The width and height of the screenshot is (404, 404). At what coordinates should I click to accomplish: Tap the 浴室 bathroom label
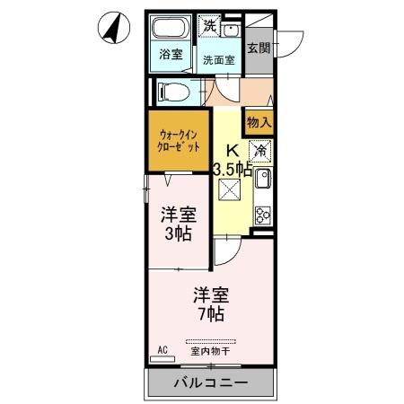point(170,54)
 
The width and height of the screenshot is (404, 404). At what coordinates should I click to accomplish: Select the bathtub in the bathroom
point(171,29)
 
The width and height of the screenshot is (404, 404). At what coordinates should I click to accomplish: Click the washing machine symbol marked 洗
point(209,26)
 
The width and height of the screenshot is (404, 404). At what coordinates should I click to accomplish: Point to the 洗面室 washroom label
point(218,61)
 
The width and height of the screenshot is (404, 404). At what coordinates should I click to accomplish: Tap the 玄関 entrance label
point(259,48)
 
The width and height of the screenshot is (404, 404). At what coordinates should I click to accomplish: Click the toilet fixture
point(175,90)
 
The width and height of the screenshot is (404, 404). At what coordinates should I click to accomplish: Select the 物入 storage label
point(259,120)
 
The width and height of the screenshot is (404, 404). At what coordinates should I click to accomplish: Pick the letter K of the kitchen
point(232,150)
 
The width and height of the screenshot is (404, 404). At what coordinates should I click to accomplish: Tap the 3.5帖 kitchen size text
point(232,167)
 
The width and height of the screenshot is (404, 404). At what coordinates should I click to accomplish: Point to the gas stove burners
point(264,214)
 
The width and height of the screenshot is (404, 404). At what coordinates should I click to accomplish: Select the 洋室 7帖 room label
point(211,303)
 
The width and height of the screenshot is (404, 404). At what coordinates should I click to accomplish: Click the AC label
point(162,348)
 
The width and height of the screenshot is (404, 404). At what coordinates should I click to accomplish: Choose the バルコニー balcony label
point(210,383)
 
